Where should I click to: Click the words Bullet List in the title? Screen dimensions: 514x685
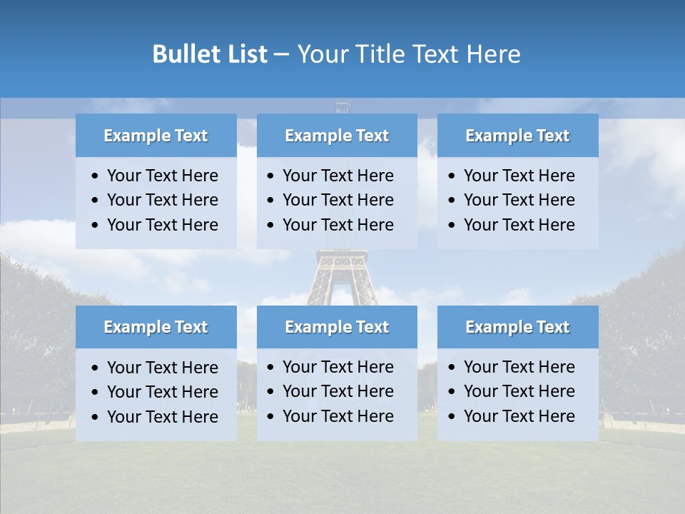(x=210, y=54)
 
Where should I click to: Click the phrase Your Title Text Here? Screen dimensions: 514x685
(x=409, y=54)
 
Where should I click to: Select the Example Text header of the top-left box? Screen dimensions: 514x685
(x=156, y=136)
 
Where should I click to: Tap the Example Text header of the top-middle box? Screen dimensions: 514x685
(x=337, y=136)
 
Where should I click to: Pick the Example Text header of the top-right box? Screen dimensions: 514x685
(x=517, y=136)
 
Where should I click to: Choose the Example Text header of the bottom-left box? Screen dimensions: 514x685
(x=156, y=327)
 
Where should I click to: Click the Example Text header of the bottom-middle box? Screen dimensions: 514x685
(x=337, y=327)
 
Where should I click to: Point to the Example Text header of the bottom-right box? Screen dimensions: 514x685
(x=517, y=327)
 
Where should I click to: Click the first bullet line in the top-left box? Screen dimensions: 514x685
(x=162, y=176)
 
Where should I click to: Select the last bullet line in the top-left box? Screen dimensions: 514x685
(x=162, y=225)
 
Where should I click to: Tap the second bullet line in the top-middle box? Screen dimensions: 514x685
(x=338, y=200)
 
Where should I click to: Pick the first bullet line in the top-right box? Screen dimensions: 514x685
(x=519, y=176)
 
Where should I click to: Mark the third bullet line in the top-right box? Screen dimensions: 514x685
(x=519, y=225)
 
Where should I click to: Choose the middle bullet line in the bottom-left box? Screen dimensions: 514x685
(x=162, y=392)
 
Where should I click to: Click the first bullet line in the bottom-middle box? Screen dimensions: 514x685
(x=338, y=367)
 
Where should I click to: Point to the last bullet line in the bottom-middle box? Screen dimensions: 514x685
(x=338, y=416)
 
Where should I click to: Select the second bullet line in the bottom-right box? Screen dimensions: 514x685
(x=519, y=391)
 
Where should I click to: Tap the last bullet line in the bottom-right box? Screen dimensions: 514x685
(x=519, y=416)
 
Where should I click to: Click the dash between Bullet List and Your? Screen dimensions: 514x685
(x=282, y=54)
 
